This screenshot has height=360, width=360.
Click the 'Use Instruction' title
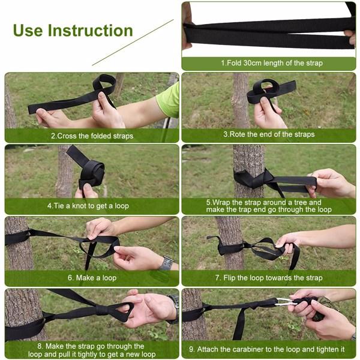click(73, 31)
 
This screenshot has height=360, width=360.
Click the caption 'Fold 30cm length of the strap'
click(271, 63)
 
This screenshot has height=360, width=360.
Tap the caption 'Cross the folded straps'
click(92, 136)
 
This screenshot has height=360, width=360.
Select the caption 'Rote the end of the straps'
click(268, 134)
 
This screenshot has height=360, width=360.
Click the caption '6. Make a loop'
click(92, 278)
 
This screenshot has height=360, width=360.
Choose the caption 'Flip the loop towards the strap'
click(268, 278)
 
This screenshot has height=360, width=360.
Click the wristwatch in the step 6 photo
click(166, 263)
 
